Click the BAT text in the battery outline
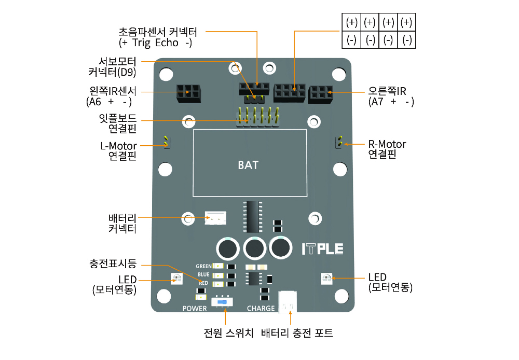pos(248,165)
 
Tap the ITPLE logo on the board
pos(322,248)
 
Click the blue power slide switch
pos(223,301)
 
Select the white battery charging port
pos(287,301)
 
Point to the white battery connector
pos(215,218)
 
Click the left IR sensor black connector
pos(188,93)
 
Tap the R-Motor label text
pos(387,144)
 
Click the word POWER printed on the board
pos(195,309)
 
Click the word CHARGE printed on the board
pos(261,309)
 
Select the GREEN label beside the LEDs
pos(203,266)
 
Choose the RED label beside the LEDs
pos(203,283)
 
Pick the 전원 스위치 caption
pos(227,333)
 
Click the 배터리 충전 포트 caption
pos(297,333)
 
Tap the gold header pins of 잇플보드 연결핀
pos(258,116)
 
